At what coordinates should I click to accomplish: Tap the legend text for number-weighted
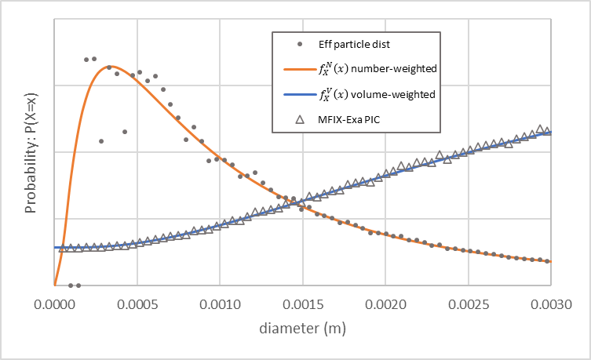(x=378, y=68)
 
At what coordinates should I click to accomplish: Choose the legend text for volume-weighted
(x=378, y=93)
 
